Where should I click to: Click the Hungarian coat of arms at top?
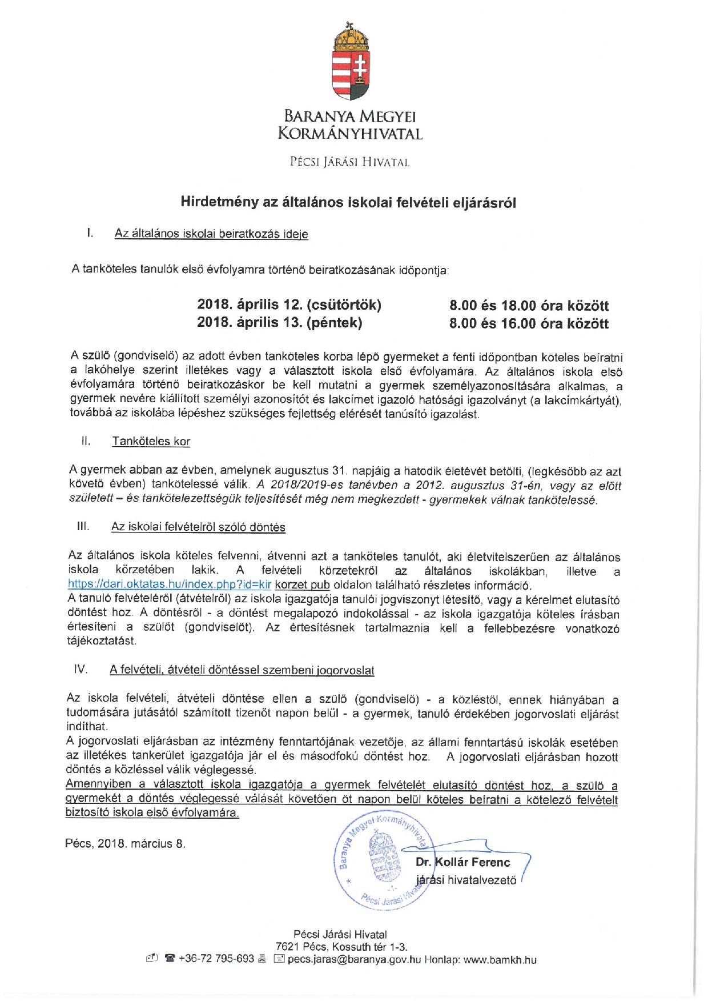(351, 61)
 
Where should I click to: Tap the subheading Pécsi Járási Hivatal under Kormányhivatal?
(349, 162)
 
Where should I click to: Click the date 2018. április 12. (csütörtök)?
(289, 305)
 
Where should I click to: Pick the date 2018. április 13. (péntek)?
(279, 323)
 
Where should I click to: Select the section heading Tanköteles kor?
(151, 441)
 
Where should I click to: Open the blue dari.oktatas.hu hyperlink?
(169, 585)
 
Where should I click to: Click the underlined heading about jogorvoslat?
(242, 670)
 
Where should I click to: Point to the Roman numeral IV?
(81, 669)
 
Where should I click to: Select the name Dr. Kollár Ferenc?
(463, 862)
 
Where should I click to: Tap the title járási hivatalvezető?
(466, 880)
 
